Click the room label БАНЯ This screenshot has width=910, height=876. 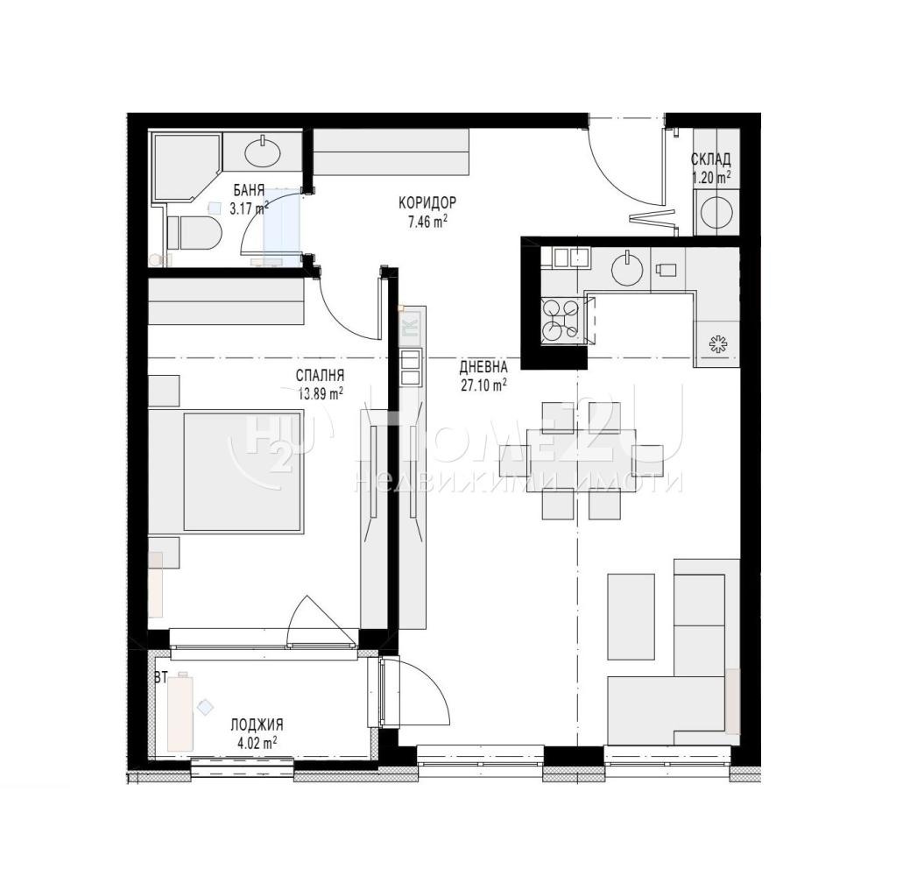(x=249, y=190)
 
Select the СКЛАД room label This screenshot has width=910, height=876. (x=710, y=159)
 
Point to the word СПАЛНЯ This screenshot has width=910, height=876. (x=320, y=376)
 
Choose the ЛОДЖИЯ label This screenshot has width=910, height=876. (x=257, y=724)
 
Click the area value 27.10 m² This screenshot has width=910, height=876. (x=484, y=385)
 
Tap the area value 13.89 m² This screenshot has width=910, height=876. (x=320, y=393)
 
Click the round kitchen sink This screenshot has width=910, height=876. (x=627, y=268)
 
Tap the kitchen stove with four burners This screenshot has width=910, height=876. (x=561, y=319)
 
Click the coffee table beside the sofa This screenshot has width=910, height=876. (x=631, y=616)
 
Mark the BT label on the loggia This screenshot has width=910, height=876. (x=161, y=677)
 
